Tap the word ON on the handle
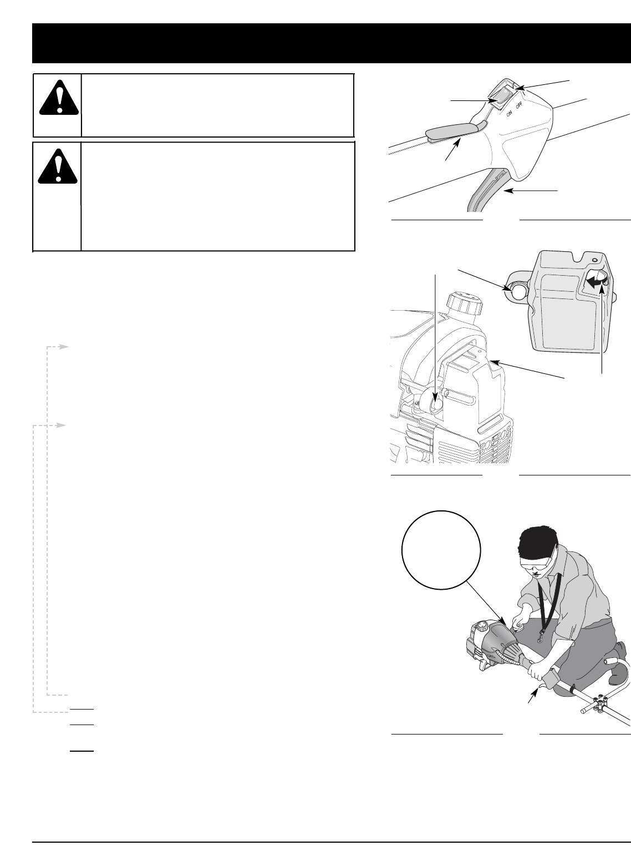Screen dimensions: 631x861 (x=509, y=114)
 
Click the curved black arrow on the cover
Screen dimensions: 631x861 (x=593, y=281)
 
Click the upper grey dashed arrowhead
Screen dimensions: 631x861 (x=63, y=347)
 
